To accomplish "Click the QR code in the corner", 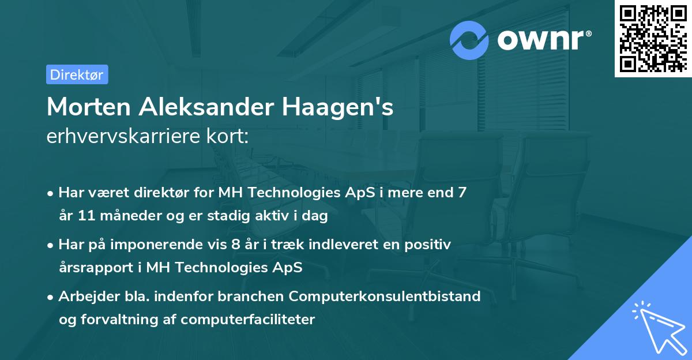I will click(653, 38).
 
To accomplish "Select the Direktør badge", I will click(77, 74).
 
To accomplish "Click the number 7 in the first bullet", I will click(461, 193).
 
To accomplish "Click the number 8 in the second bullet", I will click(235, 244).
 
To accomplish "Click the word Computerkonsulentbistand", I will click(385, 296).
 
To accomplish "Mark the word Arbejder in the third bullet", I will click(85, 296).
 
